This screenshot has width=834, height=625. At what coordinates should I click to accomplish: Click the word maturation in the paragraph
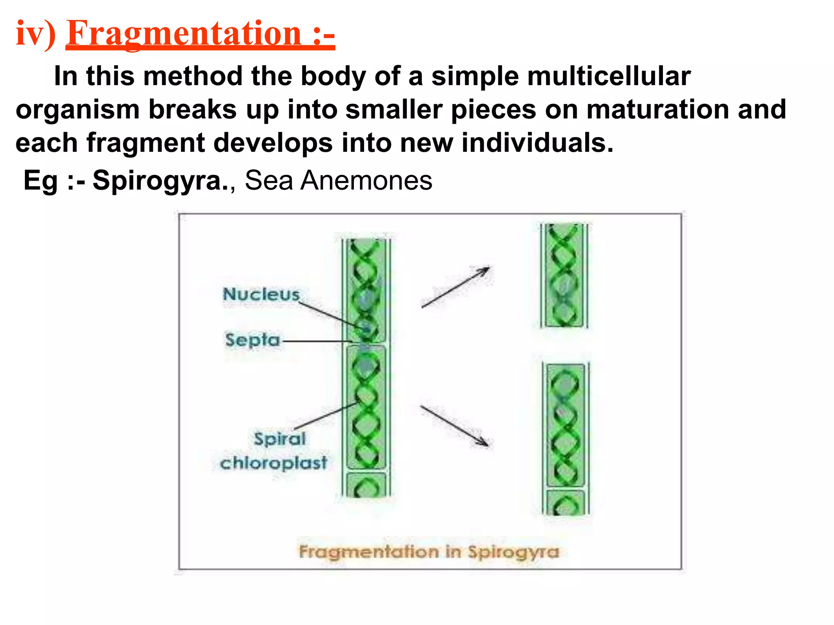click(657, 110)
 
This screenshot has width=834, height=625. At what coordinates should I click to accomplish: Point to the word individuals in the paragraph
click(537, 143)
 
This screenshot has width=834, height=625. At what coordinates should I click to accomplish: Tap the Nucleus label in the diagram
click(261, 294)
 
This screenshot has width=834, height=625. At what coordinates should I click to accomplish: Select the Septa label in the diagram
click(252, 340)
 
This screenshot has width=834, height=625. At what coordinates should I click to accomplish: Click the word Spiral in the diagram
click(280, 439)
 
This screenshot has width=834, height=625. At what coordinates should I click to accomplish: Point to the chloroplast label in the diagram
click(273, 463)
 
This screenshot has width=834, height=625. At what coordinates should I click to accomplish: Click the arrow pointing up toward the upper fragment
click(455, 287)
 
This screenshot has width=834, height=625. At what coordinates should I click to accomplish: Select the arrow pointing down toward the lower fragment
click(454, 426)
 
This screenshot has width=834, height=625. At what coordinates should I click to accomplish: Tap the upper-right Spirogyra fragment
click(564, 276)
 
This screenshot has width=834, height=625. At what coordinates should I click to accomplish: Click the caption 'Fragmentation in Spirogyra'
click(429, 552)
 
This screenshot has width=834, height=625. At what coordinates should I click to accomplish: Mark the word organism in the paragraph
click(78, 110)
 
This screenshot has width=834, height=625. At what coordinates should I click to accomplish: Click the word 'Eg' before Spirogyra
click(41, 181)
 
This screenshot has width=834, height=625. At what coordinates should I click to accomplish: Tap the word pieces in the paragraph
click(494, 110)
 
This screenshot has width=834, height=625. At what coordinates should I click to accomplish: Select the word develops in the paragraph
click(273, 143)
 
